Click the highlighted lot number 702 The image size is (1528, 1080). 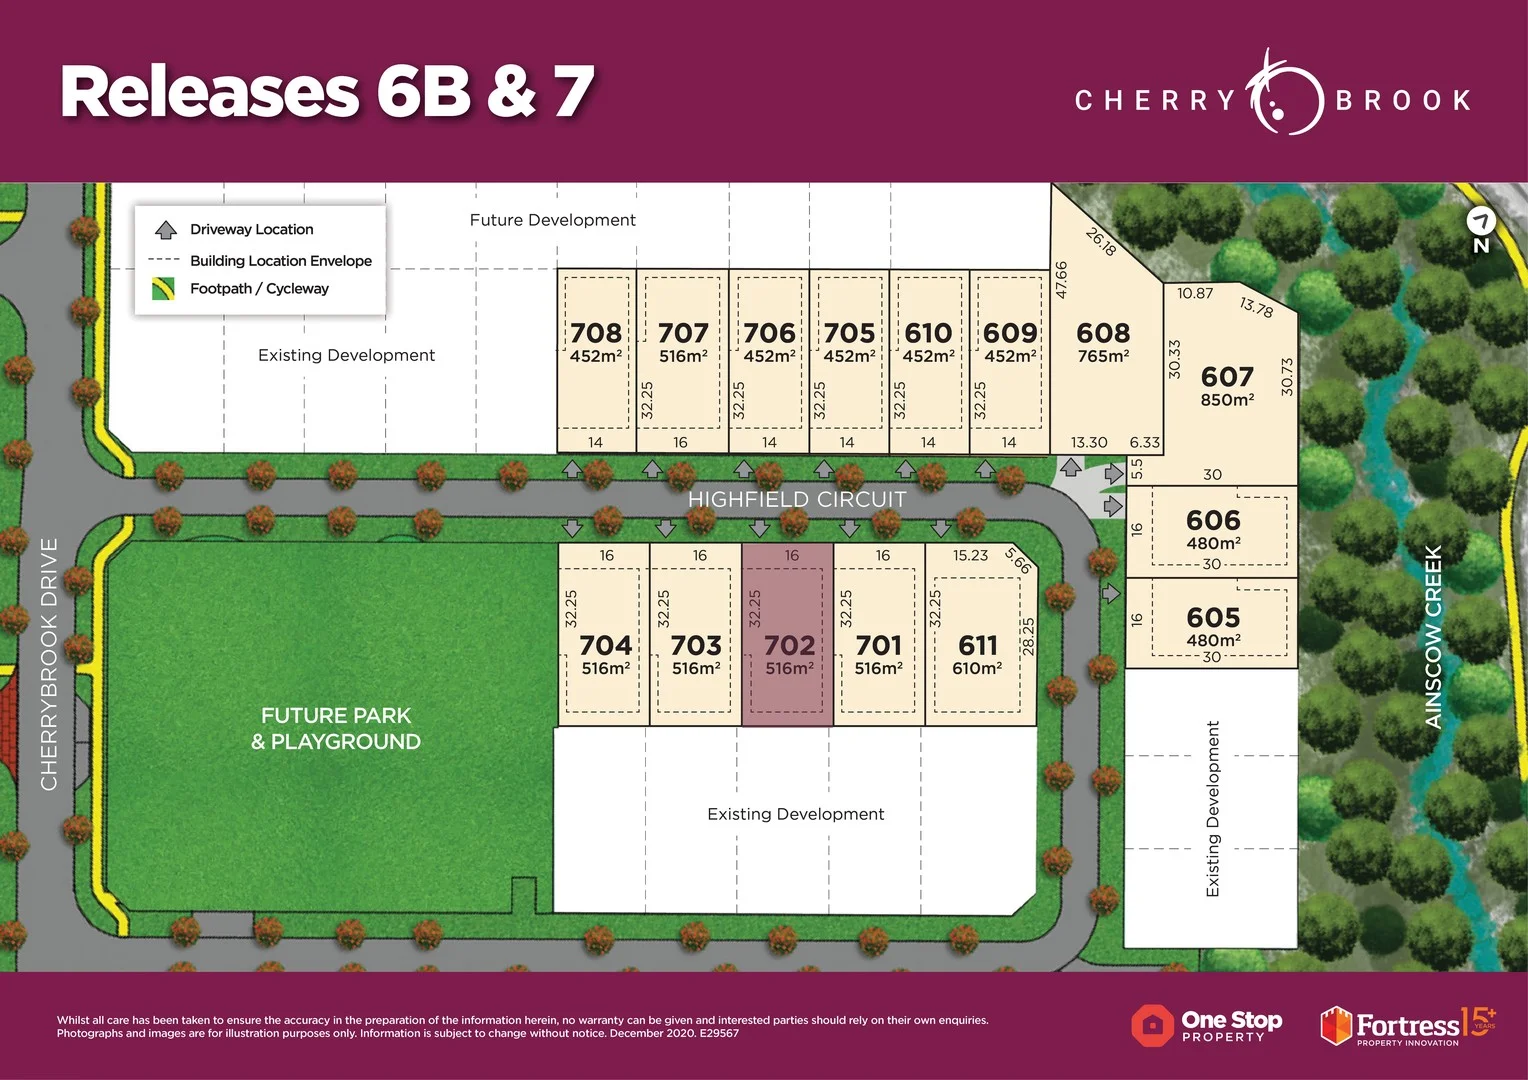(x=789, y=646)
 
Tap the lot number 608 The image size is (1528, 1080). (x=1103, y=333)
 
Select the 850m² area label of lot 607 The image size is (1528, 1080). (x=1227, y=400)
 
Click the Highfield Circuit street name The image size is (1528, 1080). (x=797, y=499)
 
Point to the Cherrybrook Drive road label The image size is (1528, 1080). (x=48, y=664)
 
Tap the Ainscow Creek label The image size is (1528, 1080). (x=1433, y=637)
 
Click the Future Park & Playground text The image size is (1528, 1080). (x=336, y=728)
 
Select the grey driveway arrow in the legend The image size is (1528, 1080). (x=166, y=229)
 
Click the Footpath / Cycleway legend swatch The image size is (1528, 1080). (x=163, y=289)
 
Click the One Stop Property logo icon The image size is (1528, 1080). (x=1153, y=1025)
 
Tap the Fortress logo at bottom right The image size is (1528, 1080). (x=1406, y=1026)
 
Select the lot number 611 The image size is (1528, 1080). (x=977, y=646)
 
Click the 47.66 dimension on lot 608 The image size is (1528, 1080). (x=1061, y=279)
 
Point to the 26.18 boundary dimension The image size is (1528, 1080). (x=1100, y=241)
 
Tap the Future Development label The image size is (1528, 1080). (x=552, y=220)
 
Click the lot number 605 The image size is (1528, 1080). (x=1213, y=618)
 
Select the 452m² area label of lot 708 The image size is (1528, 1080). (x=596, y=356)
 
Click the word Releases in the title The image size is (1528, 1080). (x=210, y=91)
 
